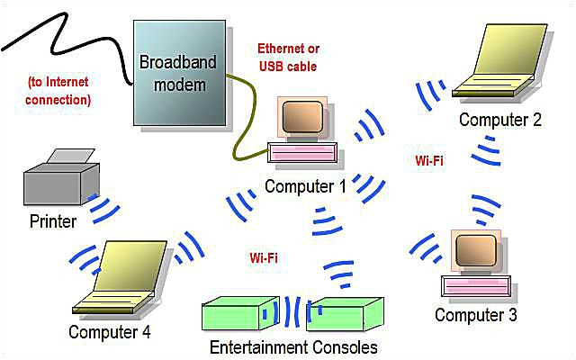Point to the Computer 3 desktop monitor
click(x=474, y=255)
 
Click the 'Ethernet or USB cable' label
click(x=288, y=56)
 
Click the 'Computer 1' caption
click(x=305, y=186)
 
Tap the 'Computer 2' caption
click(x=499, y=119)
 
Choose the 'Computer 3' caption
click(x=475, y=315)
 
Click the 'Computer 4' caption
click(x=110, y=332)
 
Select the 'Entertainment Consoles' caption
click(x=293, y=347)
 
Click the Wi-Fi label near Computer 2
click(x=428, y=160)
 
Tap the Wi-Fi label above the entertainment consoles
click(x=263, y=257)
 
